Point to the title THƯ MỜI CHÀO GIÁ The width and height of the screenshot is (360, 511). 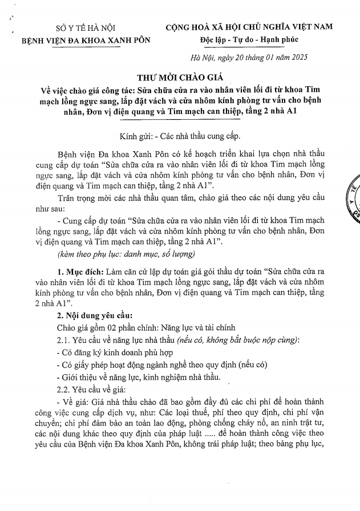(180, 78)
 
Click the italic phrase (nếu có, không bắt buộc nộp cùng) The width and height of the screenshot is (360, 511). (242, 340)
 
